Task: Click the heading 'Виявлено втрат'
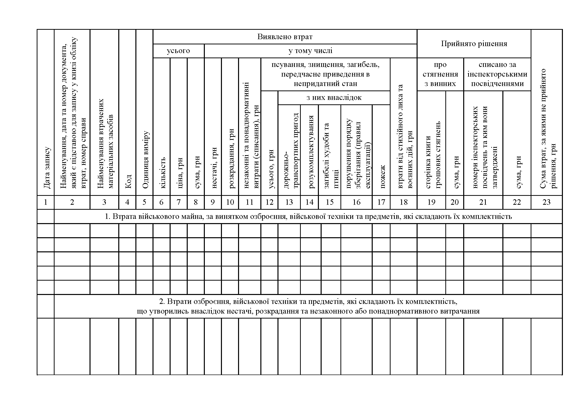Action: pyautogui.click(x=285, y=37)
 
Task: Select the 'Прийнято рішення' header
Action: pyautogui.click(x=474, y=44)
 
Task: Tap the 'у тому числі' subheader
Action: pyautogui.click(x=310, y=51)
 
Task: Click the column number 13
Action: pyautogui.click(x=289, y=202)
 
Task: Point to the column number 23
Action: pyautogui.click(x=547, y=202)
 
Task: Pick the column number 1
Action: pyautogui.click(x=45, y=202)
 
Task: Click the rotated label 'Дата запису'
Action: pyautogui.click(x=47, y=168)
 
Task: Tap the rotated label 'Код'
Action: pyautogui.click(x=128, y=181)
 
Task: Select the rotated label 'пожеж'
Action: pyautogui.click(x=382, y=177)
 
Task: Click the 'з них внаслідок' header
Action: pyautogui.click(x=334, y=97)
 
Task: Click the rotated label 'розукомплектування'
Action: pyautogui.click(x=311, y=152)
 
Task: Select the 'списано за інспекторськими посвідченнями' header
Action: pyautogui.click(x=497, y=74)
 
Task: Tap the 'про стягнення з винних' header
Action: pyautogui.click(x=440, y=74)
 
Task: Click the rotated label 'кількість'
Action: pyautogui.click(x=162, y=173)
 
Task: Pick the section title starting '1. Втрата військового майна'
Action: pyautogui.click(x=308, y=216)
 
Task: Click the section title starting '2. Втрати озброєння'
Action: pyautogui.click(x=308, y=306)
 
